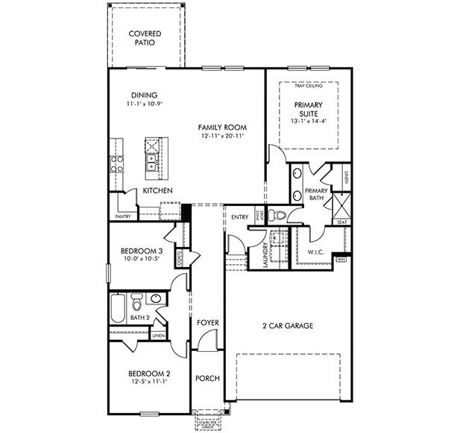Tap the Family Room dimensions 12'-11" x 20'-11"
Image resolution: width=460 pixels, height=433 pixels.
coord(222,137)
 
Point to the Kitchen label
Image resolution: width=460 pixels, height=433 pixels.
coord(157,191)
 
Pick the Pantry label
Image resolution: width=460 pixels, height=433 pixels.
coord(123,216)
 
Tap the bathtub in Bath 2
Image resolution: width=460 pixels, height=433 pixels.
coord(119,307)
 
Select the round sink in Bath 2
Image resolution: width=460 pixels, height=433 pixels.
coord(156,300)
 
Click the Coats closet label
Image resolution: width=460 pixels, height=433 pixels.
coord(180,257)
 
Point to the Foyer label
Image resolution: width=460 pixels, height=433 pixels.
coord(208,323)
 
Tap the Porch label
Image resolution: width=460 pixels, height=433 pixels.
coord(207,379)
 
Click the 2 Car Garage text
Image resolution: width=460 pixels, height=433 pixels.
coord(287,326)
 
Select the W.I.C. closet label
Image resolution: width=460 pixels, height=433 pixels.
coord(316,252)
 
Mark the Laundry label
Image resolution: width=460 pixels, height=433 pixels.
coord(265,254)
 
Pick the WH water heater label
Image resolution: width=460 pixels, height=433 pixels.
coord(341,260)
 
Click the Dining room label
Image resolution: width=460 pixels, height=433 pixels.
coord(143,95)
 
